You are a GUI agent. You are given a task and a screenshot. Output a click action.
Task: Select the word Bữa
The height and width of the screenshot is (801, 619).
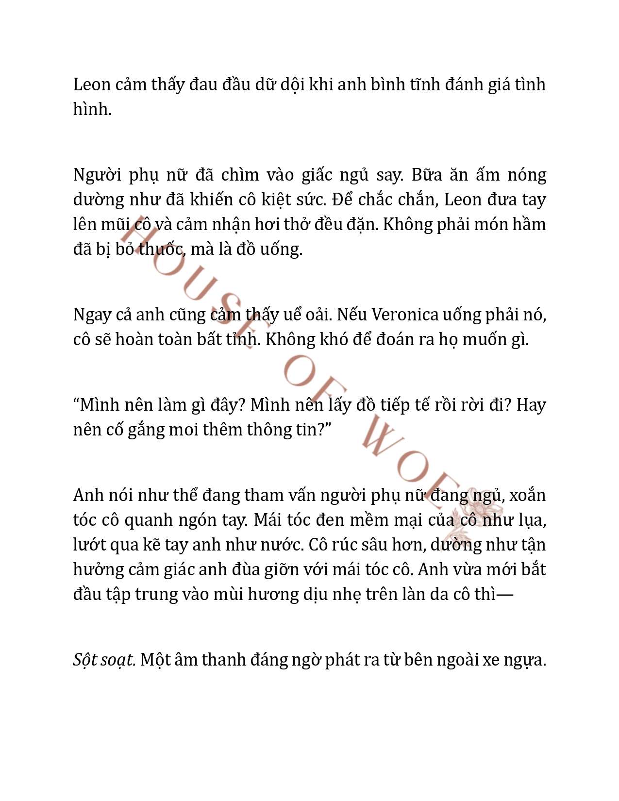click(x=427, y=175)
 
